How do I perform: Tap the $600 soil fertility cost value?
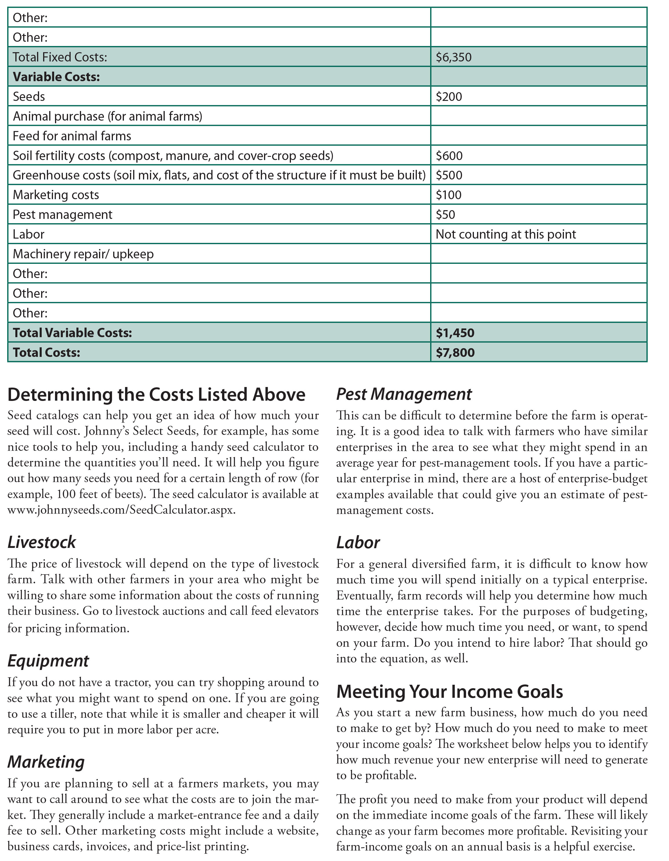(449, 156)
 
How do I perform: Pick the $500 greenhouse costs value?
(449, 175)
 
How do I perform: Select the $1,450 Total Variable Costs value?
(455, 333)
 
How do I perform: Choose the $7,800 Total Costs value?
(455, 353)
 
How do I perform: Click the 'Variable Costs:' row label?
(56, 77)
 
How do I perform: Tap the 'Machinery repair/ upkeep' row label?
(83, 254)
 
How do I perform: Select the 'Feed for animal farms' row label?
(72, 136)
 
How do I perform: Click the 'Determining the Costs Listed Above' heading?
(156, 395)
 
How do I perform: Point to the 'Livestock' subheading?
(42, 542)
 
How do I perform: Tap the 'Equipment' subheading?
(48, 661)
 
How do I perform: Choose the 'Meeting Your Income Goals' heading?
(449, 691)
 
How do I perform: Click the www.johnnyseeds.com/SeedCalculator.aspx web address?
(121, 510)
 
